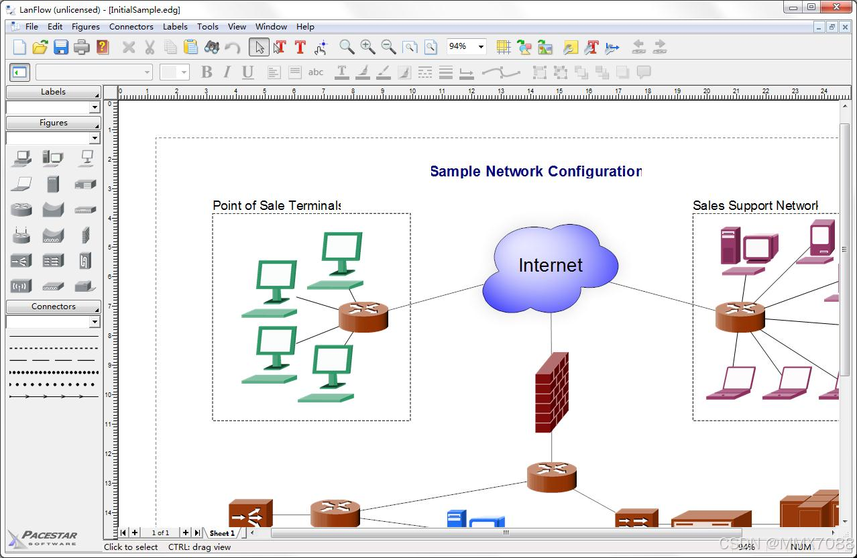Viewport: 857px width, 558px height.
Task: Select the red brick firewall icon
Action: (x=552, y=392)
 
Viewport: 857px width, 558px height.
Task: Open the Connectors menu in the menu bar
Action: (x=131, y=27)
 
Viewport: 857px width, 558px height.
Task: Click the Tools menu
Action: (x=207, y=27)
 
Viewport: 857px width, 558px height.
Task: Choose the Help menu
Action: (x=305, y=27)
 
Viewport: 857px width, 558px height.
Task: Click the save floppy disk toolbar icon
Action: (x=61, y=47)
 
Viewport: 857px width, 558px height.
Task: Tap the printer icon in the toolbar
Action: (x=82, y=47)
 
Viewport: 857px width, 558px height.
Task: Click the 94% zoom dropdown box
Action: (x=466, y=46)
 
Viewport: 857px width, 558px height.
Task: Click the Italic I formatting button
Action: (x=227, y=72)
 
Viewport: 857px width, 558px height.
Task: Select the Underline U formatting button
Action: (x=247, y=72)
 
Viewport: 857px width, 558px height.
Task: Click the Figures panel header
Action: (x=54, y=123)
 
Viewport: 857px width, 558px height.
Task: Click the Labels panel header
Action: (x=54, y=92)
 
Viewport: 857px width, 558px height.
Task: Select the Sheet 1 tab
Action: (x=222, y=533)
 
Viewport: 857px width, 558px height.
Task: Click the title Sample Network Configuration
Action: (x=536, y=171)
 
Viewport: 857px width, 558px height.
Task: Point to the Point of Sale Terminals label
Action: (x=277, y=205)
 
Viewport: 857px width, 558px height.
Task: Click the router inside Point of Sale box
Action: (x=363, y=317)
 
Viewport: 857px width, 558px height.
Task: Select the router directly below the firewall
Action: (x=552, y=476)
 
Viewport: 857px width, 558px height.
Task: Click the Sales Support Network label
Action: (x=755, y=205)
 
